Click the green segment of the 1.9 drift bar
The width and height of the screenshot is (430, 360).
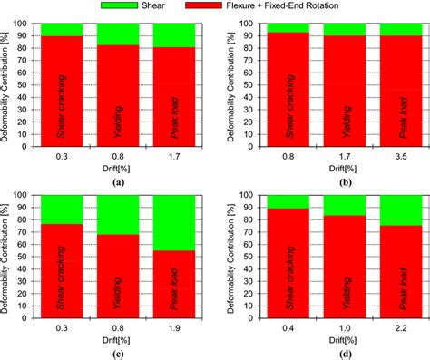[x=174, y=222]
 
